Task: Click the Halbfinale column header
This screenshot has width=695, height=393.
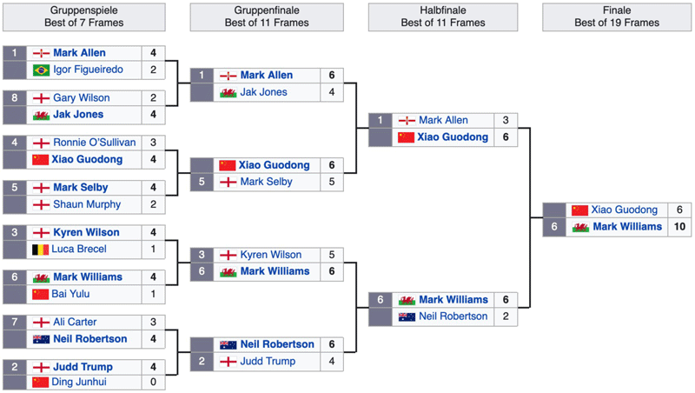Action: (443, 17)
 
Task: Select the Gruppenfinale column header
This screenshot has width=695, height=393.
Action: (267, 17)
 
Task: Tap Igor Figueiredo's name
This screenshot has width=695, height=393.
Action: (89, 70)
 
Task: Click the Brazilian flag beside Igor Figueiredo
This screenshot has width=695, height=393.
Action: (41, 70)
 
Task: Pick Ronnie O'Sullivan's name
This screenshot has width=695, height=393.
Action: (95, 143)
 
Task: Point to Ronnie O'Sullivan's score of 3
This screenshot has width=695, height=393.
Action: (154, 143)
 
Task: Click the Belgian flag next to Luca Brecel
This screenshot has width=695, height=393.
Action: (40, 250)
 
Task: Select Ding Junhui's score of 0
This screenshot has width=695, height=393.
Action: (154, 382)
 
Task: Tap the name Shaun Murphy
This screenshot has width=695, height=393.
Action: (87, 204)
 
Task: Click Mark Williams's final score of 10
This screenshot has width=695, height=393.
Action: (679, 227)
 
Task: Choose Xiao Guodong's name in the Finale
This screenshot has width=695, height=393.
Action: (624, 210)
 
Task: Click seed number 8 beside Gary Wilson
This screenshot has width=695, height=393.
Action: (15, 97)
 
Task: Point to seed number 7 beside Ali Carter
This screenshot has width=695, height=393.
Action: (15, 322)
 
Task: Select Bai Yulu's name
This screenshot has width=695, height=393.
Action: (70, 294)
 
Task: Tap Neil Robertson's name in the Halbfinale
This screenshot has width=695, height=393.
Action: (453, 316)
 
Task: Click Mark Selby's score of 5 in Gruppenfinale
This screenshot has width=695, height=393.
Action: (332, 182)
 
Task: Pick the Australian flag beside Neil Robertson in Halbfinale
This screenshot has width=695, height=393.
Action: (407, 316)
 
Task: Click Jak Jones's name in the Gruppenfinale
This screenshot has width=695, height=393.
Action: (263, 92)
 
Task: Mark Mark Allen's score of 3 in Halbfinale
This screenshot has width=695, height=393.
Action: (506, 120)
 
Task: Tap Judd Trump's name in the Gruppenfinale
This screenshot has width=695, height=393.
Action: (268, 362)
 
